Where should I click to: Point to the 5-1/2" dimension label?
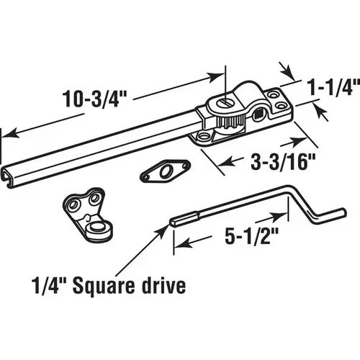click(251, 235)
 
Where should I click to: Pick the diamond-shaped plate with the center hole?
click(165, 171)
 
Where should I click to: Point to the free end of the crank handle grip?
click(343, 212)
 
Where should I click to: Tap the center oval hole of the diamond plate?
click(166, 171)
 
